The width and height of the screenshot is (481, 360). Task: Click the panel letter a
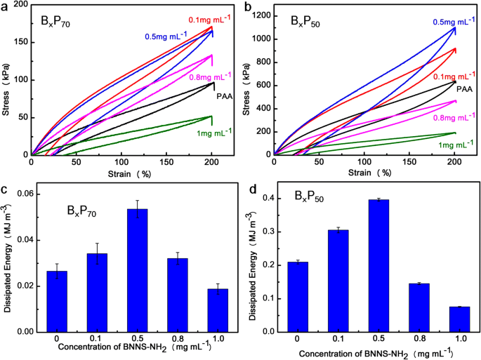(x=6, y=6)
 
